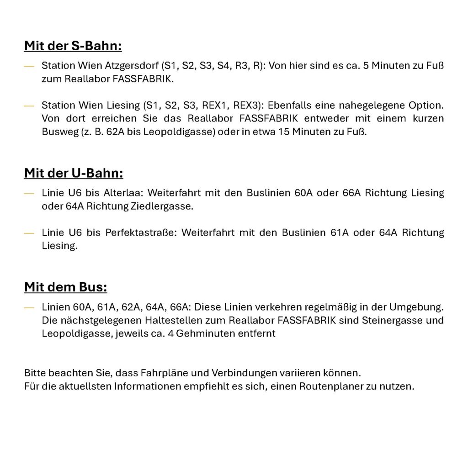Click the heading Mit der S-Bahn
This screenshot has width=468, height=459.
(73, 46)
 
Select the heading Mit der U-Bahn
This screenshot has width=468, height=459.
(74, 174)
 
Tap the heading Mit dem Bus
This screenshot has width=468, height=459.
(65, 287)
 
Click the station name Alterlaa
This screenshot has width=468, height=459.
(122, 193)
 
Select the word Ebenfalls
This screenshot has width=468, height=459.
(292, 105)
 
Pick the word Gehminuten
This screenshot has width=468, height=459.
(205, 333)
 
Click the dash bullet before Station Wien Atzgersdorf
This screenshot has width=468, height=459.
(29, 66)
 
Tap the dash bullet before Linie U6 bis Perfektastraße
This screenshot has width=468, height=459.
(29, 233)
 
